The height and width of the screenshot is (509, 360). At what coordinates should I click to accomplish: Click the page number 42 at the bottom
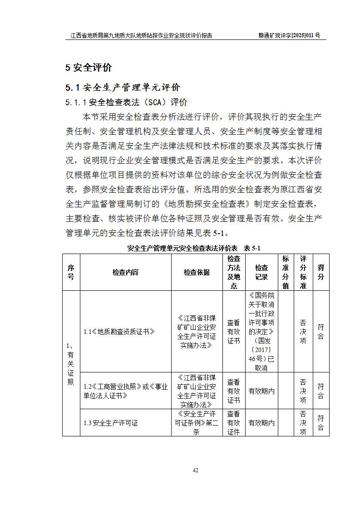tap(196, 470)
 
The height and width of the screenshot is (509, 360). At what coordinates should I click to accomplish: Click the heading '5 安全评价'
tap(89, 68)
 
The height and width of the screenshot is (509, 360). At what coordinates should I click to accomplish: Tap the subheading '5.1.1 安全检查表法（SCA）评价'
tap(126, 103)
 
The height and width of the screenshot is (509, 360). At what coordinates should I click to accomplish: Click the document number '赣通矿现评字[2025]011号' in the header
tap(289, 35)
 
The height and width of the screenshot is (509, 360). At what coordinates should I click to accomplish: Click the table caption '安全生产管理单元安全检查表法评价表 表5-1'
tap(194, 248)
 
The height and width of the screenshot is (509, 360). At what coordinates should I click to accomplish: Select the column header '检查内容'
tap(125, 272)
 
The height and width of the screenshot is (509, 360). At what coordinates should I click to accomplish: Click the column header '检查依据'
tap(197, 272)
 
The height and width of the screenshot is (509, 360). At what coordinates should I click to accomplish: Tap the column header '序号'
tap(71, 272)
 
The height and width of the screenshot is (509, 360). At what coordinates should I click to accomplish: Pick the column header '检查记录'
tap(261, 272)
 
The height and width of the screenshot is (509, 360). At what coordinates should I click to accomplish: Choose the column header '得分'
tap(321, 272)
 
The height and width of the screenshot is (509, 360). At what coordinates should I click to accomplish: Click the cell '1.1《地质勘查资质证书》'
tap(119, 332)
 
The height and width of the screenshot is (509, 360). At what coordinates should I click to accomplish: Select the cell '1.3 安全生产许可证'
tap(111, 423)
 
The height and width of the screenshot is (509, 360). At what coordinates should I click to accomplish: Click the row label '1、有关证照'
tap(71, 363)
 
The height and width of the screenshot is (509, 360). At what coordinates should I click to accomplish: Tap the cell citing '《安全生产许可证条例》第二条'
tap(197, 423)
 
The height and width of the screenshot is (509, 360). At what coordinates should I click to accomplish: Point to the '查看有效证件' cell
tap(233, 423)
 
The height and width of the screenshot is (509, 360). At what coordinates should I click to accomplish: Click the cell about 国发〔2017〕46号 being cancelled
tap(261, 332)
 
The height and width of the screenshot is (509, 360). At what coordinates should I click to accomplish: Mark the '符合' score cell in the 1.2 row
tap(321, 391)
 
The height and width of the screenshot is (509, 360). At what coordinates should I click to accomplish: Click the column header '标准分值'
tap(286, 272)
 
